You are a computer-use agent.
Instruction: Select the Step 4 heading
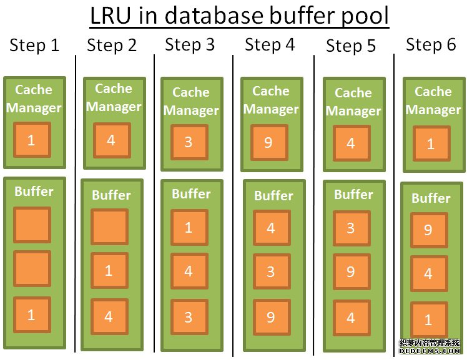coord(270,44)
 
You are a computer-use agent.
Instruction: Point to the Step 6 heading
coord(431,44)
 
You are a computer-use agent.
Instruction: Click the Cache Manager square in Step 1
coord(31,140)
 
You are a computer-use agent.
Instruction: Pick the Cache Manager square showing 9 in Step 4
coord(268,143)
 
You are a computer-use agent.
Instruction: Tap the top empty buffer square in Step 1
coord(31,225)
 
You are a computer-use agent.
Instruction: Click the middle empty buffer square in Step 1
coord(31,269)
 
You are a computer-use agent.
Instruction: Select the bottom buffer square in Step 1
coord(31,314)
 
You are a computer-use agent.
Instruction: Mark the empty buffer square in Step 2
coord(109,226)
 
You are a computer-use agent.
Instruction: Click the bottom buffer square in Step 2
coord(109,317)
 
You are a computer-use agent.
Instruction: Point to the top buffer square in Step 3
coord(189,228)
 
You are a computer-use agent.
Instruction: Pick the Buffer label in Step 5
coord(353,195)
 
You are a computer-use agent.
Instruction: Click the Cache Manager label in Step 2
coord(114,97)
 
